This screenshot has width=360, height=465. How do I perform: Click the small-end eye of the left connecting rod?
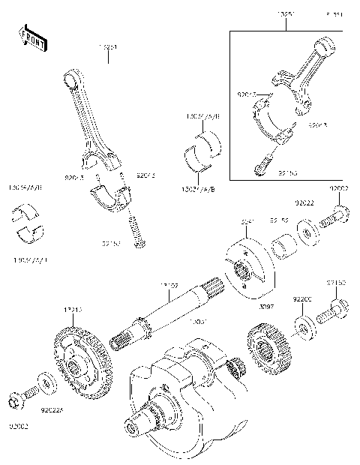coord(71,76)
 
